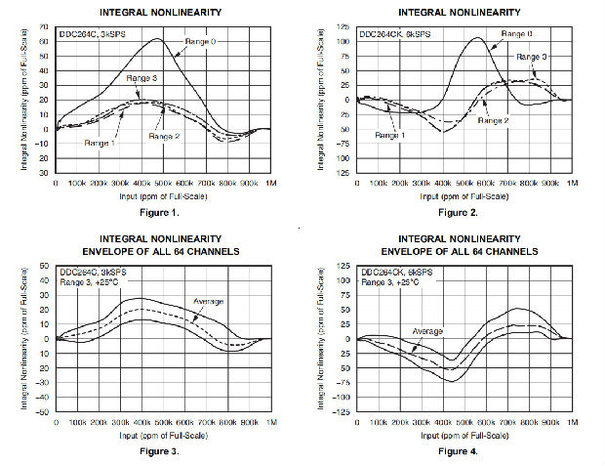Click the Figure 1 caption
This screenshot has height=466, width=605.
point(160,212)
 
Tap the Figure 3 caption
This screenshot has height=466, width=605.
point(160,450)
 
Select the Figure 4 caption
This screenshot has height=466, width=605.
point(458,450)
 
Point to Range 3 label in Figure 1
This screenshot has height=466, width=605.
point(141,77)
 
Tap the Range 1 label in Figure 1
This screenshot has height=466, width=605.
point(101,144)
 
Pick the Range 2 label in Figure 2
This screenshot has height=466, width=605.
point(494,120)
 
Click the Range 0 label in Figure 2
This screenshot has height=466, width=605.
point(517,33)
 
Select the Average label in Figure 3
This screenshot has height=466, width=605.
point(211,301)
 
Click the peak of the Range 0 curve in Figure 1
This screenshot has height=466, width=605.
point(156,39)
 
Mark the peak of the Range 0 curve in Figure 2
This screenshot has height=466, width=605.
point(477,38)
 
